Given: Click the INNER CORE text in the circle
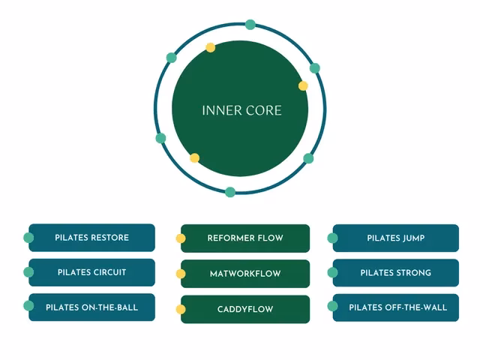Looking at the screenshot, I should (x=241, y=110).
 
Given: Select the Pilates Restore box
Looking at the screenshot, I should (x=92, y=238).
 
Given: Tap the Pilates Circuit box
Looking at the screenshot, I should (x=92, y=272).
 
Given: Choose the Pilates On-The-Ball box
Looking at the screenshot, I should (x=92, y=307).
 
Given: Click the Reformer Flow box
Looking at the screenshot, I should (x=245, y=238).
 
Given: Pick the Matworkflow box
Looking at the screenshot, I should (x=245, y=274).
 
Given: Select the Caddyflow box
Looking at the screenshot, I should (x=245, y=309).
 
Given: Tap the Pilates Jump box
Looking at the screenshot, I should (x=396, y=238).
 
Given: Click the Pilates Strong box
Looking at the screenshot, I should (x=396, y=273).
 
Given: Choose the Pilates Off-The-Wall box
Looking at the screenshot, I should (x=396, y=307).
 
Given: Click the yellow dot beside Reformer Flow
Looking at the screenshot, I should (x=181, y=238).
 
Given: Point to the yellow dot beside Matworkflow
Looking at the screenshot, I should (x=181, y=274).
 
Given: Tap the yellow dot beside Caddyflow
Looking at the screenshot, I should (x=181, y=309).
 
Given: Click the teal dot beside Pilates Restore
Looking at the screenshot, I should (x=28, y=238).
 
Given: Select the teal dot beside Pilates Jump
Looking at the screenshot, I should (x=332, y=238).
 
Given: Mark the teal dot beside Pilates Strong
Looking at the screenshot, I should (x=332, y=273).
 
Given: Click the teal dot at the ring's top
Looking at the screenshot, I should (x=250, y=25).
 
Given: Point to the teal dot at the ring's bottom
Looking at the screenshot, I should (x=230, y=192).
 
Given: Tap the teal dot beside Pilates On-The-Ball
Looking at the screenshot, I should (x=28, y=306).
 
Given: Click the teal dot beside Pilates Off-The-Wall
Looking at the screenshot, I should (x=332, y=307).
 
